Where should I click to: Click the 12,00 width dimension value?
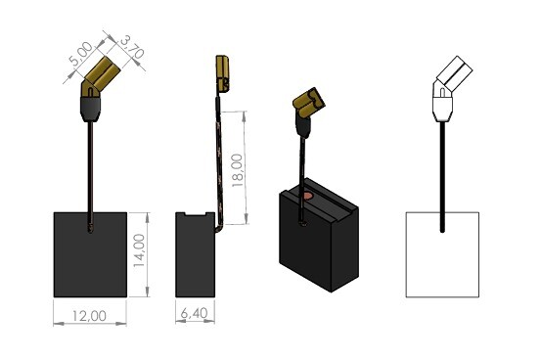(x=89, y=316)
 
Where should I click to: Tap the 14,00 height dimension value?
(x=140, y=250)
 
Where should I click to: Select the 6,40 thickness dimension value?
(x=195, y=313)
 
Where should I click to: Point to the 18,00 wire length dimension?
(x=238, y=170)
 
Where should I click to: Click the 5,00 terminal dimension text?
(x=81, y=54)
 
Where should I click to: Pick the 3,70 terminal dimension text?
(x=131, y=47)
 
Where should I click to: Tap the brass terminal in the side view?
(x=222, y=74)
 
